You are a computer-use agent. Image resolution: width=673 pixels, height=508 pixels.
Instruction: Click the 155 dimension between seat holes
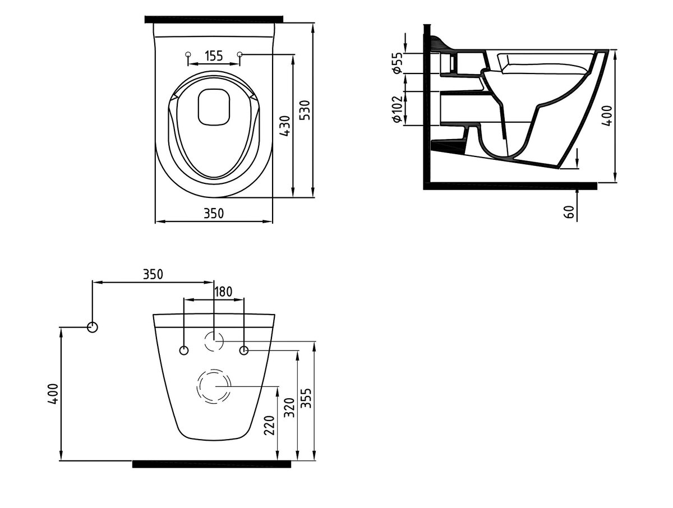pos(214,56)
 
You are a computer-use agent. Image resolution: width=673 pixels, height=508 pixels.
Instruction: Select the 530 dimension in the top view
pos(306,110)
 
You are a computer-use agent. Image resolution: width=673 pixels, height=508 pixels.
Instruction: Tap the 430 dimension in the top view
pos(285,126)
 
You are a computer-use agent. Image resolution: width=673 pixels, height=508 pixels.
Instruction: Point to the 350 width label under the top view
pos(214,214)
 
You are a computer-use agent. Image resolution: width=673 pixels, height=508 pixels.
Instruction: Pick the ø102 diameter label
pos(397,109)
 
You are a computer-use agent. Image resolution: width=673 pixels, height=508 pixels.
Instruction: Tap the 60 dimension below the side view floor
pos(569,212)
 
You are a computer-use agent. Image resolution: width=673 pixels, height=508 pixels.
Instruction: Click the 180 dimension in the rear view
pos(223,292)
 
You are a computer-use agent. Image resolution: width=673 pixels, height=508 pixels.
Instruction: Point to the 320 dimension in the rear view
pos(289,408)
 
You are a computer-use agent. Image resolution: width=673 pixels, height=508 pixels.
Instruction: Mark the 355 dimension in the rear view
pos(306,398)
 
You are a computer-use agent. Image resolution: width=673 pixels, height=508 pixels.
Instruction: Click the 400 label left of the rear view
pos(53,394)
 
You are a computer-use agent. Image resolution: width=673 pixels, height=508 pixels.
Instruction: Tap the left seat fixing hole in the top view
pos(188,54)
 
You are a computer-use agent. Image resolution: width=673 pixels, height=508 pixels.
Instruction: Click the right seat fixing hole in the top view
pos(240,54)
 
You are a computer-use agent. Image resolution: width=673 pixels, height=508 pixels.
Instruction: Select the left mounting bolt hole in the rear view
pos(183,350)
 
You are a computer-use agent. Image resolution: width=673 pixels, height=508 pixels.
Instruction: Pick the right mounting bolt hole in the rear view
pos(244,350)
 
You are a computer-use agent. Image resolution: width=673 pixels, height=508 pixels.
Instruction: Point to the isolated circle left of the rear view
pos(93,327)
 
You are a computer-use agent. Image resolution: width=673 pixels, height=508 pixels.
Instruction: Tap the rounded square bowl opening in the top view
pos(214,107)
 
